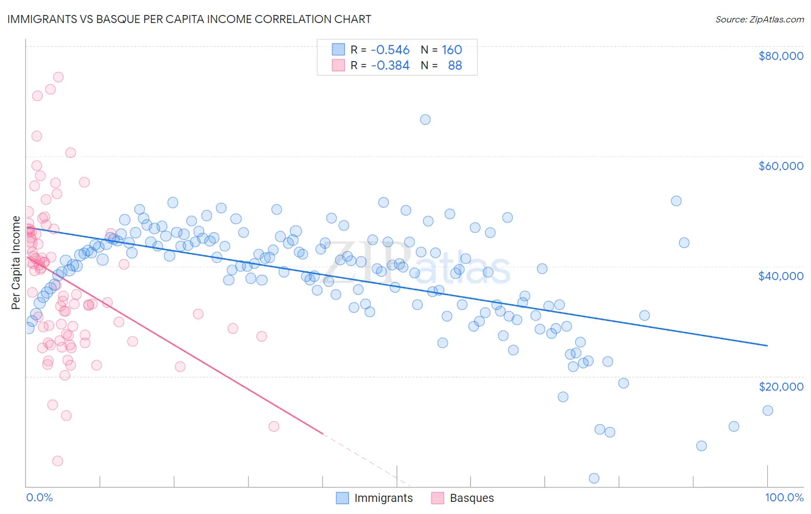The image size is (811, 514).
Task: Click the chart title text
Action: (x=189, y=19)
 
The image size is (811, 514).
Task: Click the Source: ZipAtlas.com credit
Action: (x=759, y=19)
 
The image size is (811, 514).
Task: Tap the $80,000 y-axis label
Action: (x=780, y=56)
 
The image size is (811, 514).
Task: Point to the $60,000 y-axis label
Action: (x=780, y=166)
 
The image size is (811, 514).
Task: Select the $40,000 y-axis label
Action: (x=780, y=276)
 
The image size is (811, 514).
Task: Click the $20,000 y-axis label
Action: (x=780, y=386)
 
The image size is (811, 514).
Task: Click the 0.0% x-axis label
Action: (x=39, y=497)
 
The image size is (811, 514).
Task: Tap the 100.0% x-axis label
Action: (x=784, y=497)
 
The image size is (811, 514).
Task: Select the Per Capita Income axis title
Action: (x=16, y=263)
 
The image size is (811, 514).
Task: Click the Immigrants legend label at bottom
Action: (x=383, y=498)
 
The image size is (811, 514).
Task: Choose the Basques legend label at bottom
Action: (x=471, y=498)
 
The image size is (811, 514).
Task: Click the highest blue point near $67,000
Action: (x=425, y=119)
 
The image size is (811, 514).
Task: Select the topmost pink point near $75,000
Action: (x=58, y=77)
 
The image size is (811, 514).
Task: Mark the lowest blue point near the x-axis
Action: (x=594, y=478)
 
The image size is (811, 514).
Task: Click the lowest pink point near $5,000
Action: (x=58, y=461)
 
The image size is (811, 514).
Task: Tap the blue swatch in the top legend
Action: (x=338, y=50)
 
